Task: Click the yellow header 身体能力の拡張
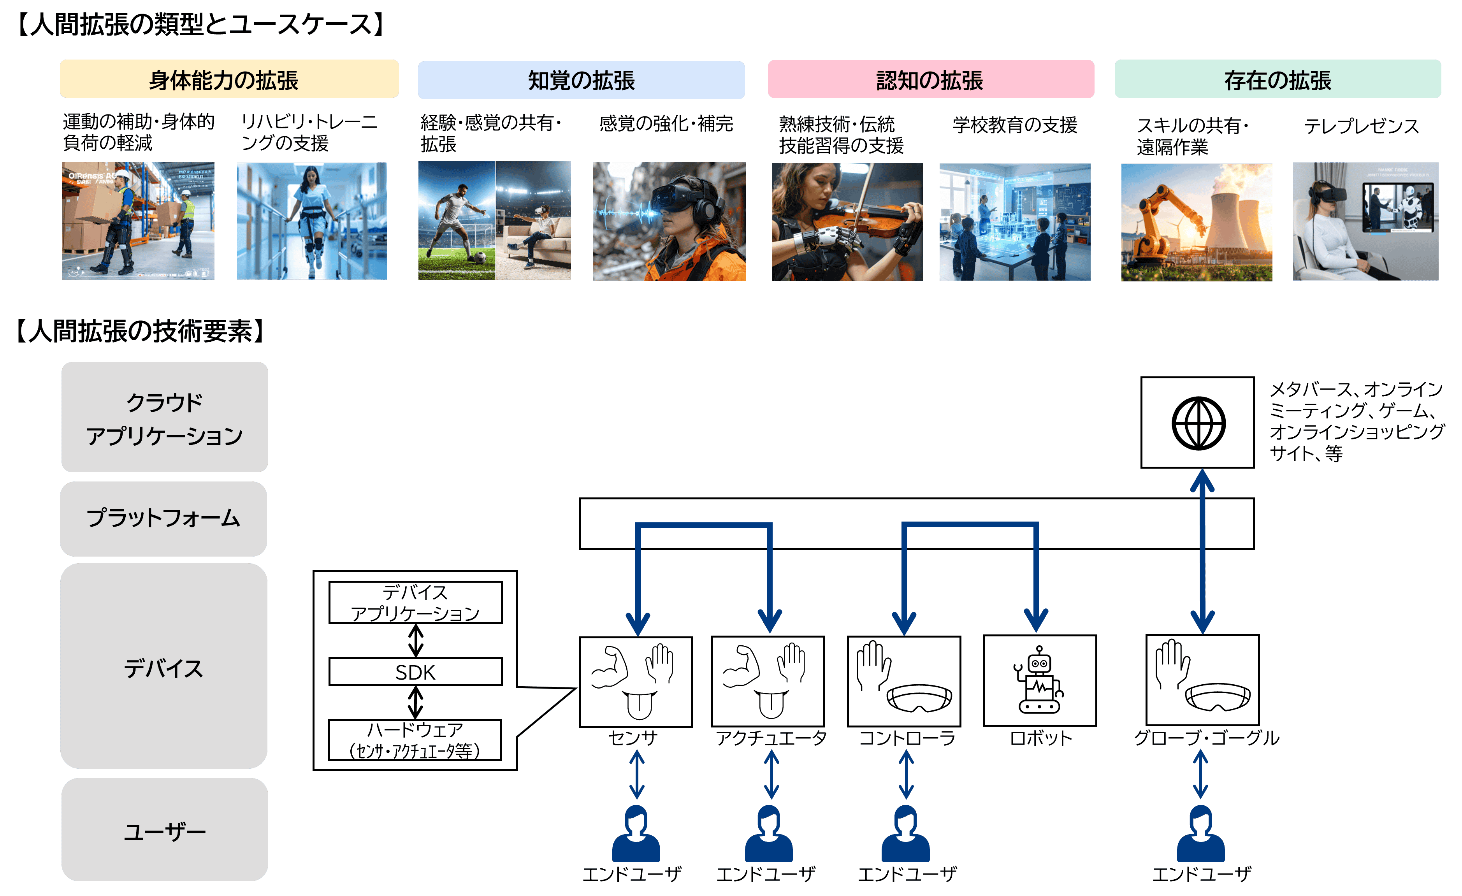(229, 79)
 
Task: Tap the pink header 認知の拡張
(930, 79)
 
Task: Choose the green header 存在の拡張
(1277, 79)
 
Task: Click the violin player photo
(847, 222)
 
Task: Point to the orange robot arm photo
(1196, 222)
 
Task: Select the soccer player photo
(494, 221)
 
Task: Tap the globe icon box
(1197, 422)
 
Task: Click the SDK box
(415, 672)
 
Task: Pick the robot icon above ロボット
(1040, 681)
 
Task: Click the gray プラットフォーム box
(163, 518)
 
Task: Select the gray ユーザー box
(164, 829)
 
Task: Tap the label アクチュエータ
(771, 738)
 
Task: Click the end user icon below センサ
(636, 834)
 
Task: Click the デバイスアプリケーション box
(415, 602)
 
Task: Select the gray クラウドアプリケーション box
(164, 417)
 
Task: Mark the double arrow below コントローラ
(906, 774)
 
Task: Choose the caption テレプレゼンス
(1361, 126)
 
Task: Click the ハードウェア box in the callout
(415, 740)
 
